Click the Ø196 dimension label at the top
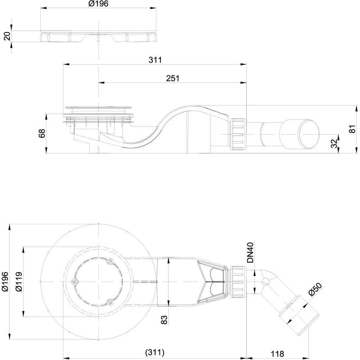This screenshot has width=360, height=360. coord(98,4)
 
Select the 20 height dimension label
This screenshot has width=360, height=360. coord(7,36)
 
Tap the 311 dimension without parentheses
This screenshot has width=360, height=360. coord(155,60)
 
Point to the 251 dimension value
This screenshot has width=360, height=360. coord(173,78)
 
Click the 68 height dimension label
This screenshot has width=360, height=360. coord(42,133)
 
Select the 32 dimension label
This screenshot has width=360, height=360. coord(335,144)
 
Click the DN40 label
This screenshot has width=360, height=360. coord(250,253)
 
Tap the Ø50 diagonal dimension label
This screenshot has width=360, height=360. coord(315,290)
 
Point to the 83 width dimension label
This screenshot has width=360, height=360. coord(165,320)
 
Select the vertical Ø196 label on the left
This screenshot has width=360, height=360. coord(5,282)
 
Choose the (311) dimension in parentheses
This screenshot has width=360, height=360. coord(155,352)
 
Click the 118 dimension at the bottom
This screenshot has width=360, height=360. coord(277,354)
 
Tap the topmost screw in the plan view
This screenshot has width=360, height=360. coord(110,261)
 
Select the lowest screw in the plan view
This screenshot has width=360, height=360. coord(110,302)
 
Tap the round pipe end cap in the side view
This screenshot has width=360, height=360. coord(309,134)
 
